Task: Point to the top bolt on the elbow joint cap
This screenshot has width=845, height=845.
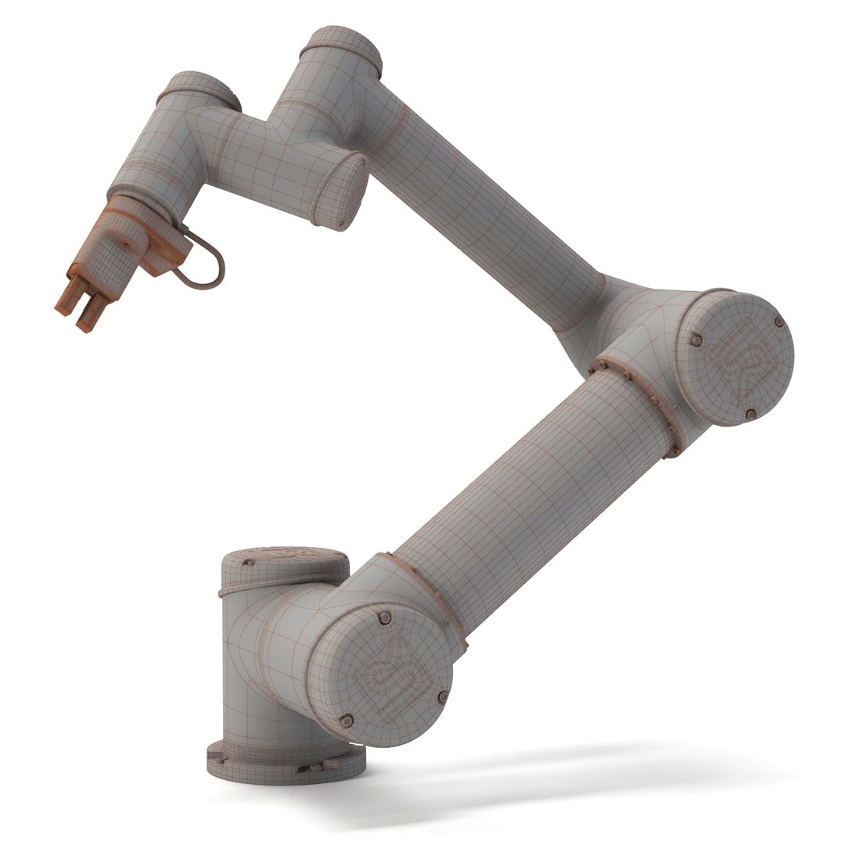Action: point(778,322)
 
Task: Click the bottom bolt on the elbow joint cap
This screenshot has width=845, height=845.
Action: point(750,413)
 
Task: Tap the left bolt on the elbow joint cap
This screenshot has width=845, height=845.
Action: point(696,340)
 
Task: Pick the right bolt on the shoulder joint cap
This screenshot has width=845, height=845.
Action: point(444,696)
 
